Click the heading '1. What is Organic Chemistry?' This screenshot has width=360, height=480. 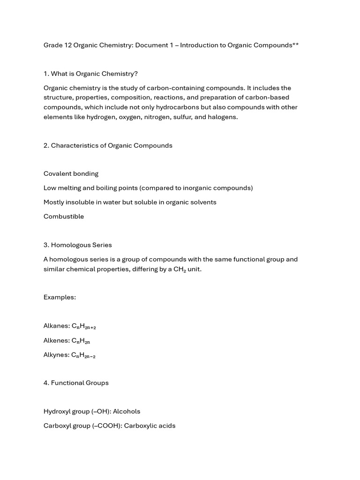[x=90, y=74]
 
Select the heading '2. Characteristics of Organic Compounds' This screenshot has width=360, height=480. [x=108, y=145]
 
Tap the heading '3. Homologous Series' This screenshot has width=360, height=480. [x=78, y=245]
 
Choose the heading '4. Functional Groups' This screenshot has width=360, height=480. [x=76, y=382]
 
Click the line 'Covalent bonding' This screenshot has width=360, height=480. [x=71, y=173]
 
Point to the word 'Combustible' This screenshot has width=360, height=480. [x=64, y=216]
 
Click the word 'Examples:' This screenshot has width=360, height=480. [x=60, y=297]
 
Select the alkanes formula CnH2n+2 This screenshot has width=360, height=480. [x=84, y=326]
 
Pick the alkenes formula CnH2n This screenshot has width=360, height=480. [x=81, y=341]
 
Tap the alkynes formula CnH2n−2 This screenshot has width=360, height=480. [x=83, y=355]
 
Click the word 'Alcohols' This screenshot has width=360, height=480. [x=127, y=411]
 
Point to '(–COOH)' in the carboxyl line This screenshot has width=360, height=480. [x=107, y=426]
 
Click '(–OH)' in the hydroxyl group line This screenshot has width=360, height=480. [x=98, y=411]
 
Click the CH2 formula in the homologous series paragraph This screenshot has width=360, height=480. [x=180, y=270]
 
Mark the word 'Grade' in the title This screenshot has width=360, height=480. [x=53, y=45]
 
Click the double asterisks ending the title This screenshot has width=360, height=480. [x=296, y=45]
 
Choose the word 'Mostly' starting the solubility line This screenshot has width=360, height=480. [x=54, y=202]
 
